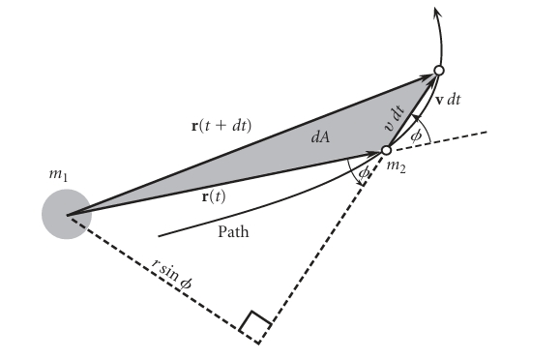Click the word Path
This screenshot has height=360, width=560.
point(236,232)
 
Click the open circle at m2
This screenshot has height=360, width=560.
point(386,150)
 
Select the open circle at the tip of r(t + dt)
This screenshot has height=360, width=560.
point(438,71)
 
